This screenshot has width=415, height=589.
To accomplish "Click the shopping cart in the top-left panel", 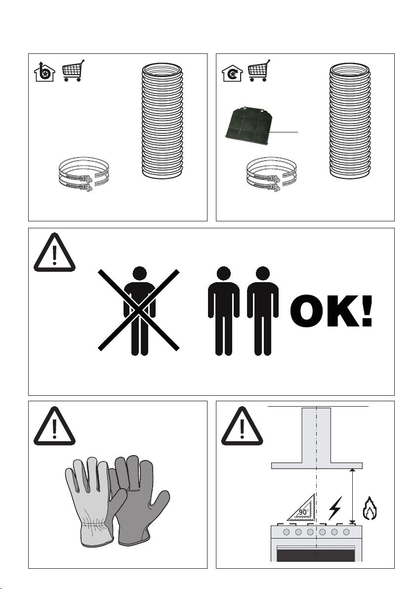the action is (x=73, y=70).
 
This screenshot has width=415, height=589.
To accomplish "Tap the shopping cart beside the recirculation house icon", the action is (x=259, y=70).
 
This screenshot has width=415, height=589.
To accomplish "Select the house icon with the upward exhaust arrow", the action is (x=44, y=73).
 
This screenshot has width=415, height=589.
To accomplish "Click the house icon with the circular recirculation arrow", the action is (x=232, y=73).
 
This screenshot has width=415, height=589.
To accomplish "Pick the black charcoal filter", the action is (x=248, y=126).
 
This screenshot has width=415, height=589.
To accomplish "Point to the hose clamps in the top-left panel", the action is (x=84, y=174).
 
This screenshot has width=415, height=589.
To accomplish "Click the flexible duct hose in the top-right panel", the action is (x=350, y=121).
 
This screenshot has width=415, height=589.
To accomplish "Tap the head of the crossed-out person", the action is (x=139, y=273).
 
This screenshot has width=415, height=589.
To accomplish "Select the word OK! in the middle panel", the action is (x=332, y=311).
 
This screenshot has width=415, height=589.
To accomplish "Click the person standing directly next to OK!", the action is (x=262, y=311).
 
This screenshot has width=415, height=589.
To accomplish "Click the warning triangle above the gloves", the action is (x=54, y=426).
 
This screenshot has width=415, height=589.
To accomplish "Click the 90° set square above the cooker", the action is (x=302, y=508).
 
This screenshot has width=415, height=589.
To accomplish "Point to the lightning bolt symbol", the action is (x=335, y=508).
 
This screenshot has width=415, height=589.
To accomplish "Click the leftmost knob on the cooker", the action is (x=287, y=532).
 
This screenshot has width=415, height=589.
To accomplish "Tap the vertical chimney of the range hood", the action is (x=317, y=435).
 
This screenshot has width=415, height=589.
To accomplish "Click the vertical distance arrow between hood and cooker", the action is (x=352, y=496).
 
